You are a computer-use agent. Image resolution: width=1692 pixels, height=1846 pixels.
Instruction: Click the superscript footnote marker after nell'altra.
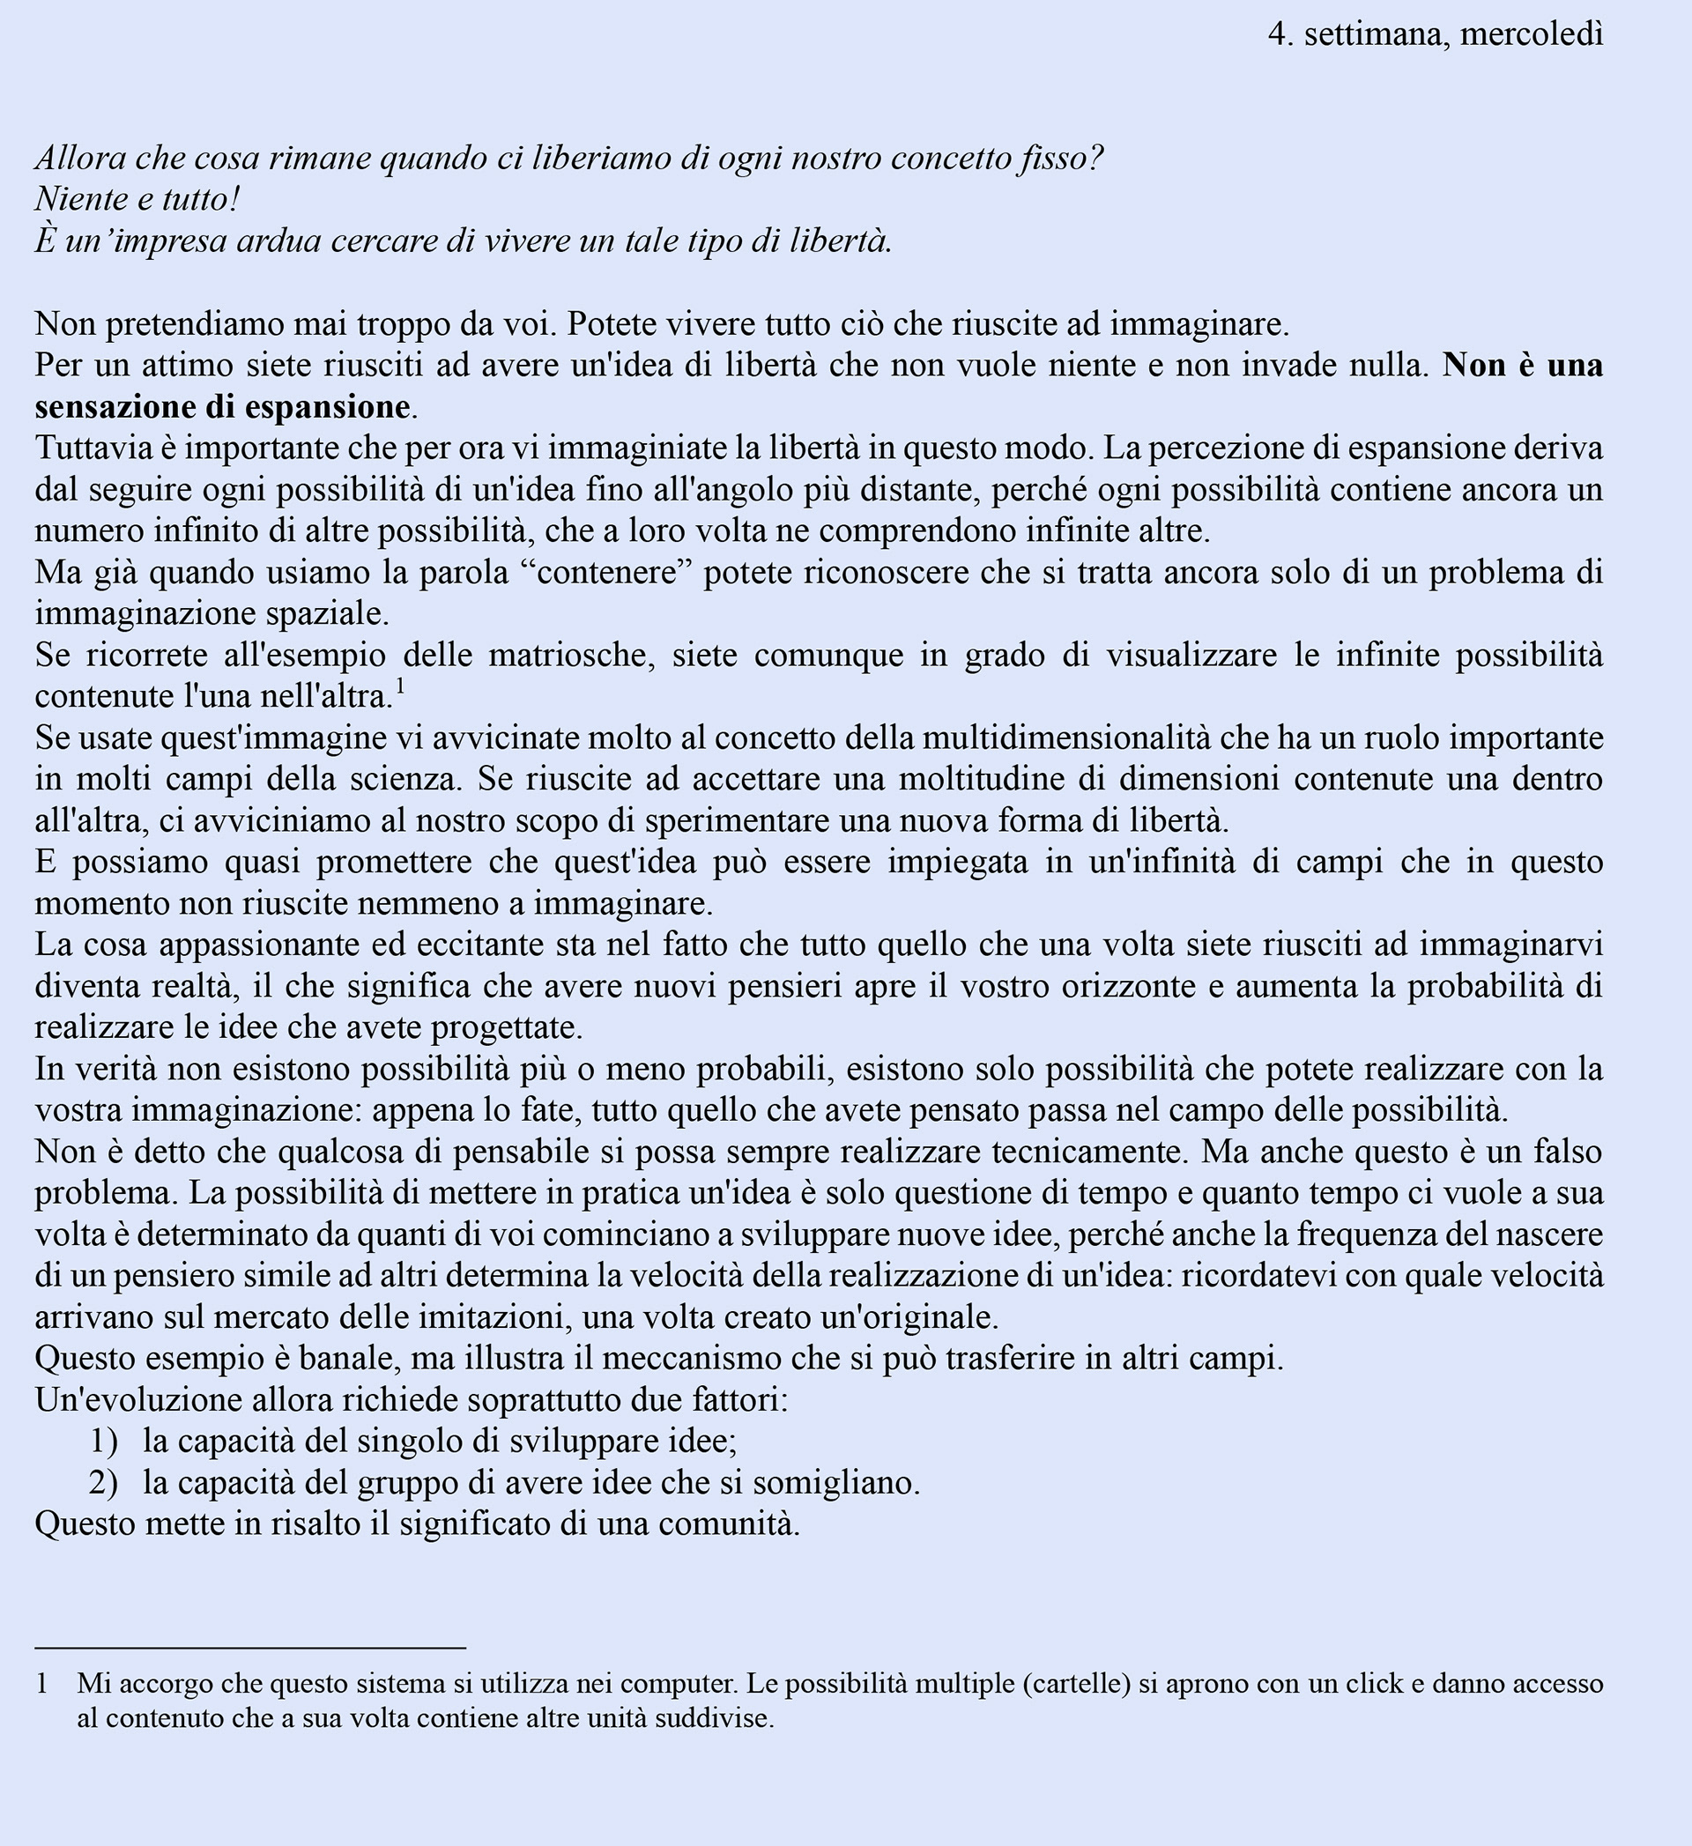pyautogui.click(x=400, y=687)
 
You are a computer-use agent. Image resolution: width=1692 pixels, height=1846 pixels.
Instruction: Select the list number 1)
pyautogui.click(x=103, y=1442)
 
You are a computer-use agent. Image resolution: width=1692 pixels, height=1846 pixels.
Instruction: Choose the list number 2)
pyautogui.click(x=103, y=1482)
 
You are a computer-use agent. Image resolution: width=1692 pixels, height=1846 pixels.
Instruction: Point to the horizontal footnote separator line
pyautogui.click(x=250, y=1649)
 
